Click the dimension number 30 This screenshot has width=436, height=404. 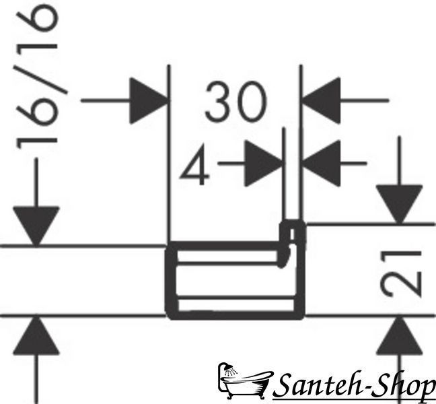pyautogui.click(x=235, y=102)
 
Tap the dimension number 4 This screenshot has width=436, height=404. pyautogui.click(x=194, y=165)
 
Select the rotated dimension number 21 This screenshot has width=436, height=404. pyautogui.click(x=401, y=273)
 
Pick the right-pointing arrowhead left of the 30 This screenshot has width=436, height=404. pyautogui.click(x=149, y=101)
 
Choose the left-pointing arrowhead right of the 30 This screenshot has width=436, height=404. pyautogui.click(x=321, y=101)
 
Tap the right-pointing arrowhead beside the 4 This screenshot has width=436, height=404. pyautogui.click(x=263, y=164)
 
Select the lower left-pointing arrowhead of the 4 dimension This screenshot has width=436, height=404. pyautogui.click(x=321, y=164)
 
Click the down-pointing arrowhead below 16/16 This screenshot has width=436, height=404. pyautogui.click(x=36, y=226)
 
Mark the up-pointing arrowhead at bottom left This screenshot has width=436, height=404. pyautogui.click(x=36, y=335)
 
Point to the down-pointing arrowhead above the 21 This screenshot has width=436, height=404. pyautogui.click(x=399, y=204)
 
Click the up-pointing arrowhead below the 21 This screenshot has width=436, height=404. pyautogui.click(x=399, y=335)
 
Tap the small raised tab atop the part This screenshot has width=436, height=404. pyautogui.click(x=292, y=232)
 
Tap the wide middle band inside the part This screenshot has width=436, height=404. pyautogui.click(x=235, y=281)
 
